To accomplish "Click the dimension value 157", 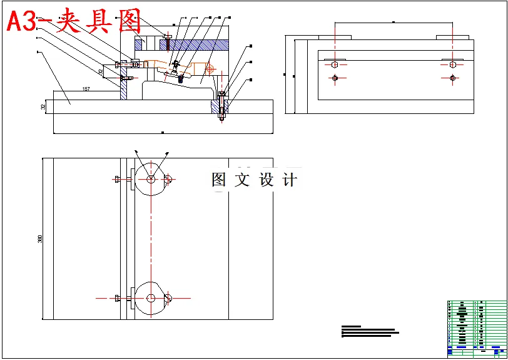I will coord(86,90).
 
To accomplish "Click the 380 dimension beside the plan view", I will coord(40,239).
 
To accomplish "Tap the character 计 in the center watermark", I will coord(290,180).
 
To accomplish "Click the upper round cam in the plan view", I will coord(151,178).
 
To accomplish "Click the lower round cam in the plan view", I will coord(151,299).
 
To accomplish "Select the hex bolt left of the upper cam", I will coord(119,179).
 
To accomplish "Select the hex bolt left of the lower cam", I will coord(119,299).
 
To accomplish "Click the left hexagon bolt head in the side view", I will coord(335,63).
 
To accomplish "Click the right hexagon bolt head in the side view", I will coord(453,63).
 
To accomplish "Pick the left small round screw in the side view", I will coord(335,78).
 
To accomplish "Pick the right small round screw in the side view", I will coord(453,78).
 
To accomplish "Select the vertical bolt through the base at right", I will coord(221,108).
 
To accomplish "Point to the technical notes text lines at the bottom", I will coord(369,331).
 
